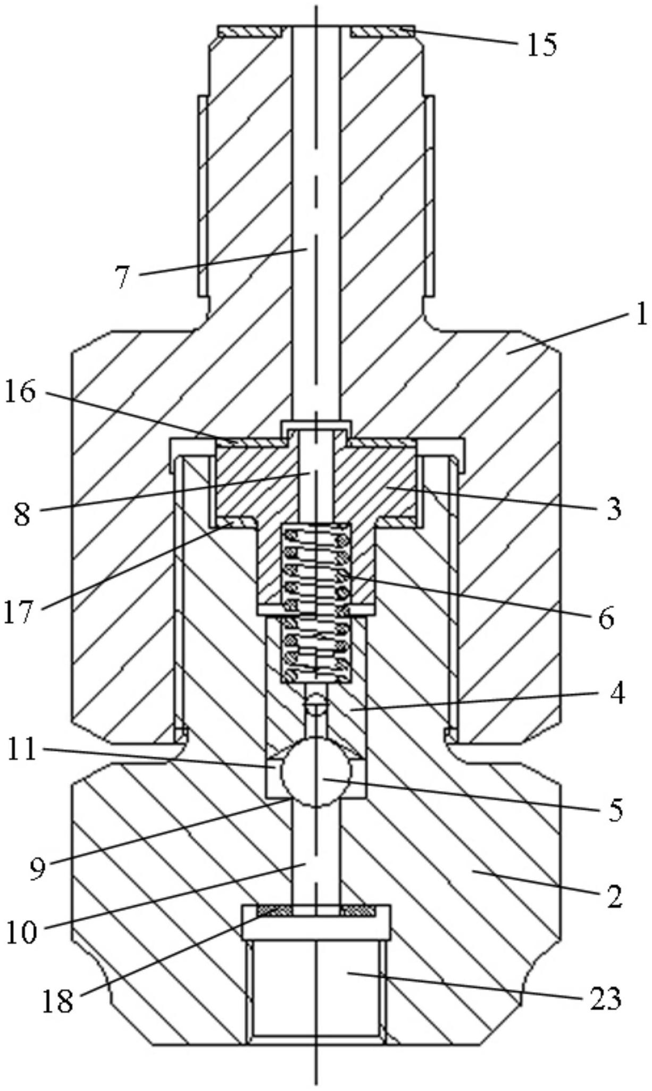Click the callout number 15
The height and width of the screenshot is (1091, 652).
541,45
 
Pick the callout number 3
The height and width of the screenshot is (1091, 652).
614,509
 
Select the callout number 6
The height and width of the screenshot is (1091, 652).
606,619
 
